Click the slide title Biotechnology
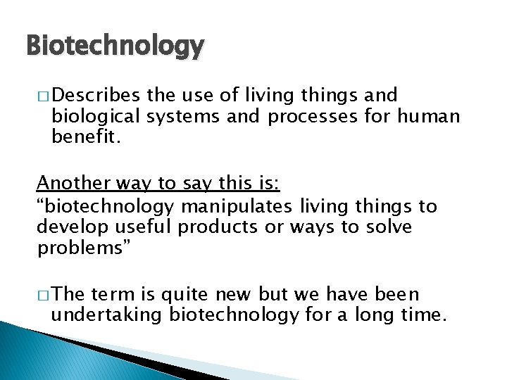pos(115,47)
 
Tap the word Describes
pos(96,95)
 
